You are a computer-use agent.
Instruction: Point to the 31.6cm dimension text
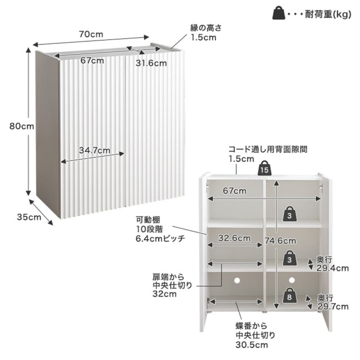[148, 63]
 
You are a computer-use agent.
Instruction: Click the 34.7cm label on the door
[93, 150]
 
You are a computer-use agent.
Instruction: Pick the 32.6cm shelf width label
[236, 238]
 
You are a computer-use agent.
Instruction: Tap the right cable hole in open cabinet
[292, 279]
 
